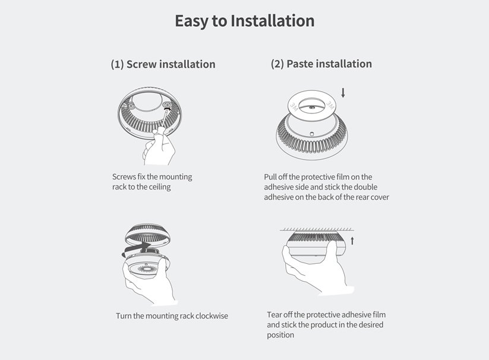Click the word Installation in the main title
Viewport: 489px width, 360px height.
[272, 21]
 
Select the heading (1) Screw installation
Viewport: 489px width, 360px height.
[163, 64]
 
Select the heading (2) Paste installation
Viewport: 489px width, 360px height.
[321, 64]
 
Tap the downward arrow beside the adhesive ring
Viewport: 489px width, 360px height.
[343, 93]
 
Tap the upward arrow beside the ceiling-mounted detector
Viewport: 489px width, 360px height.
[352, 241]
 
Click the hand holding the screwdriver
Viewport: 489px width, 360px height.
[159, 147]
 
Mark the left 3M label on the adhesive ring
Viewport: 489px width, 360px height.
[294, 107]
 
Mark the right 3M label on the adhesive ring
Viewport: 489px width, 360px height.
[330, 105]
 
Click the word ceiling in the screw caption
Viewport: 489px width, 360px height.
[160, 187]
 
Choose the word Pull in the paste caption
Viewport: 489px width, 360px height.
[270, 177]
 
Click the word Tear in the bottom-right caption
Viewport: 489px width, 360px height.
[274, 315]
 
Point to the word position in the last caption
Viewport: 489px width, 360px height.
[280, 335]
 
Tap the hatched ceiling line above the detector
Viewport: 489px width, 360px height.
[317, 230]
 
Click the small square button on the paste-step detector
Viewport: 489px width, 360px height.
[312, 134]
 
